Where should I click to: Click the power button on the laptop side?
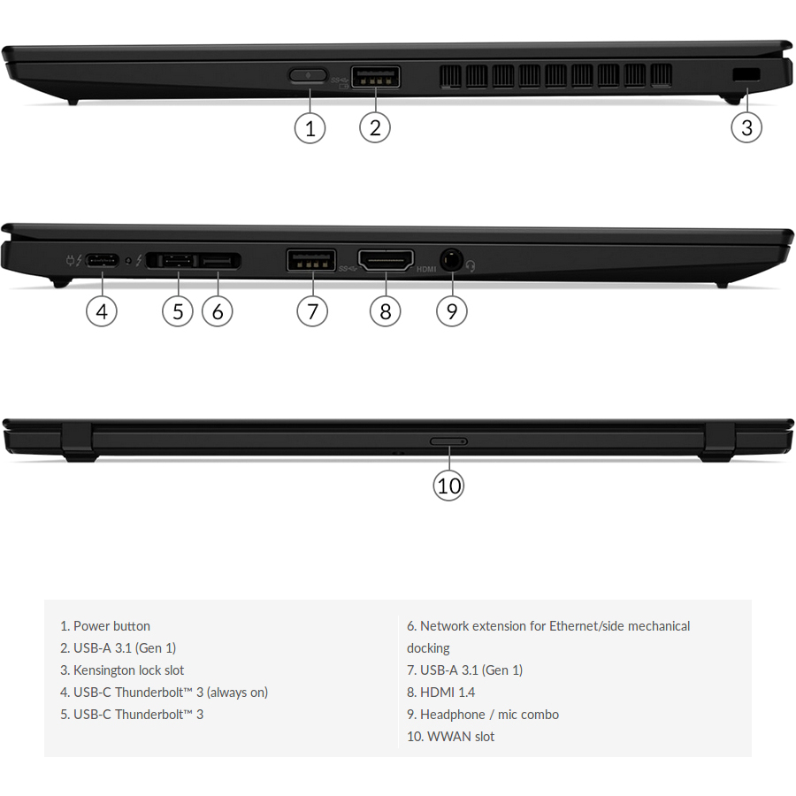coord(308,75)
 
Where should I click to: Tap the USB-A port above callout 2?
coord(375,77)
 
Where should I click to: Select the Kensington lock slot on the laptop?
coord(746,74)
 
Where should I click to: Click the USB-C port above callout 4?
coord(103,261)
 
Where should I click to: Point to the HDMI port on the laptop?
coord(386,260)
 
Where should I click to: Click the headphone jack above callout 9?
coord(450,261)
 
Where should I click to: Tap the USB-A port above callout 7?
coord(311,260)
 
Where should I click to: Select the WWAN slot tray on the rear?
coord(448,441)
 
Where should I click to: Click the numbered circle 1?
coord(310,128)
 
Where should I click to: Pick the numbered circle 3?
coord(746,126)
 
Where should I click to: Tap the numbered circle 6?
coord(218,311)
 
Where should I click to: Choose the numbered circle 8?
coord(386,310)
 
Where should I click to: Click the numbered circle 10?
coord(448,486)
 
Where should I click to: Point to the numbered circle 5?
coord(178,311)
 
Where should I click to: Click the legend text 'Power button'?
coord(111,626)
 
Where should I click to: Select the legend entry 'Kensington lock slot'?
coord(128,670)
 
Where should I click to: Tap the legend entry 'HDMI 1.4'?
coord(448,692)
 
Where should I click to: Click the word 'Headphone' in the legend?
coord(453,715)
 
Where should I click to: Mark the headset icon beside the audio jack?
coord(471,266)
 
